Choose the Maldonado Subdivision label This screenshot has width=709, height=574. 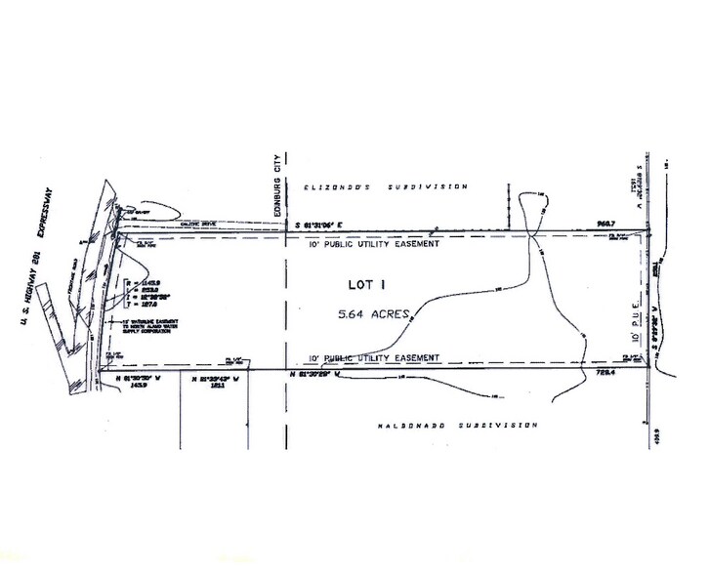point(457,425)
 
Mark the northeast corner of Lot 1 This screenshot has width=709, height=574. point(650,231)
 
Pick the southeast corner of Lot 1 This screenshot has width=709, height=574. point(650,370)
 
